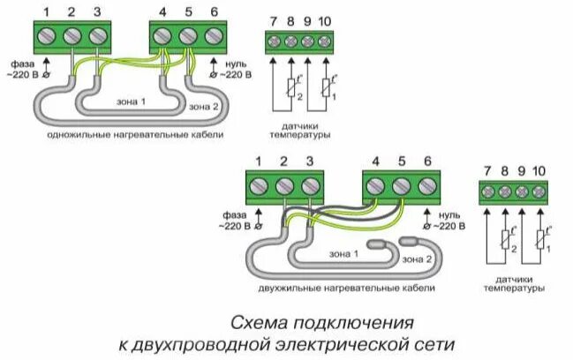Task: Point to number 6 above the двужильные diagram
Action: [x=427, y=160]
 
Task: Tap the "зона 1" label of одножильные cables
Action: [x=131, y=101]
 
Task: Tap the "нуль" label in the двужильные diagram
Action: [x=449, y=214]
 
